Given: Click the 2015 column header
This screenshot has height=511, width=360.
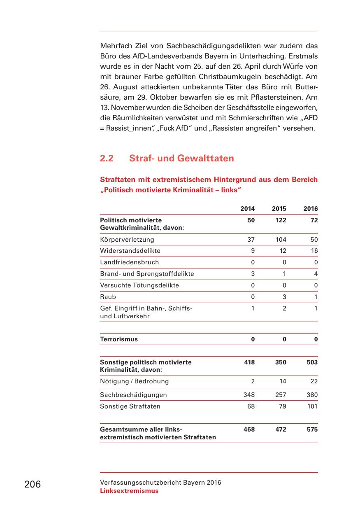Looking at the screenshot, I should tap(279, 209).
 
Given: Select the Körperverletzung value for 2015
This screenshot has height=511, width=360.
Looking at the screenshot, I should tap(281, 240).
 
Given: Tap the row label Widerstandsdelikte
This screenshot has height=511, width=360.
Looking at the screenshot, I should tap(130, 251).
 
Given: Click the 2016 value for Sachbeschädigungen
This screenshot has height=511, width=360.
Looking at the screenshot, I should tap(312, 395).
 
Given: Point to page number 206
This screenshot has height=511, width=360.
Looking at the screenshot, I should tap(33, 484).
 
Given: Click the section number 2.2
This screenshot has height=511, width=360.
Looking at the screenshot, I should tap(107, 159).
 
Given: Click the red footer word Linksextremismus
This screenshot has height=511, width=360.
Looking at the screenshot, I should tap(129, 491).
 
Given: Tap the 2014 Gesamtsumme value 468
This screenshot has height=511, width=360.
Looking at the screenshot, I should tap(249, 429).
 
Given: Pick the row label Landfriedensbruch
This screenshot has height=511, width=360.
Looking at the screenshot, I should tap(129, 262).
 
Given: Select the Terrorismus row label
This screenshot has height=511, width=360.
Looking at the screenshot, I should tap(119, 340).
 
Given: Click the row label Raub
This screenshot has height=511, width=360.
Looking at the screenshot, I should tap(108, 297).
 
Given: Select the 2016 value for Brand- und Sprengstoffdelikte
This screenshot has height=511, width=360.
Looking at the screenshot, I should tap(316, 274).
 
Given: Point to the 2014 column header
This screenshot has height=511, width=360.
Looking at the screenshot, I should tap(247, 209).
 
